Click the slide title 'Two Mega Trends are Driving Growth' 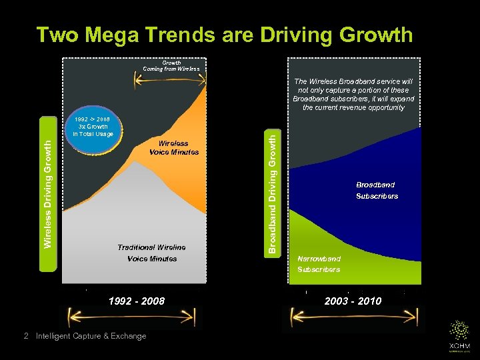pyautogui.click(x=224, y=34)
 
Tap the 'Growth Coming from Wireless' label pyautogui.click(x=171, y=65)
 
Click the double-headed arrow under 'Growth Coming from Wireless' pyautogui.click(x=167, y=81)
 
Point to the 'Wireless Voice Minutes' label pyautogui.click(x=173, y=147)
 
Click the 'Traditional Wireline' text pyautogui.click(x=151, y=247)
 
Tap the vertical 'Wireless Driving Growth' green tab pyautogui.click(x=47, y=194)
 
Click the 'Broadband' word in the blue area pyautogui.click(x=375, y=185)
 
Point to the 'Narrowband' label pyautogui.click(x=319, y=259)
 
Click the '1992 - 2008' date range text pyautogui.click(x=137, y=301)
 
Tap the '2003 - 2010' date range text pyautogui.click(x=353, y=301)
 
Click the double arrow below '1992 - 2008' pyautogui.click(x=131, y=318)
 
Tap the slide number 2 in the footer pyautogui.click(x=25, y=336)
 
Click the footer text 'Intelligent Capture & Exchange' pyautogui.click(x=91, y=336)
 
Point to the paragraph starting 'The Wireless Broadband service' pyautogui.click(x=353, y=94)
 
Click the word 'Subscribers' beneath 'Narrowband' pyautogui.click(x=319, y=269)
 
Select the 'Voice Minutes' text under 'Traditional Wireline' pyautogui.click(x=152, y=259)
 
